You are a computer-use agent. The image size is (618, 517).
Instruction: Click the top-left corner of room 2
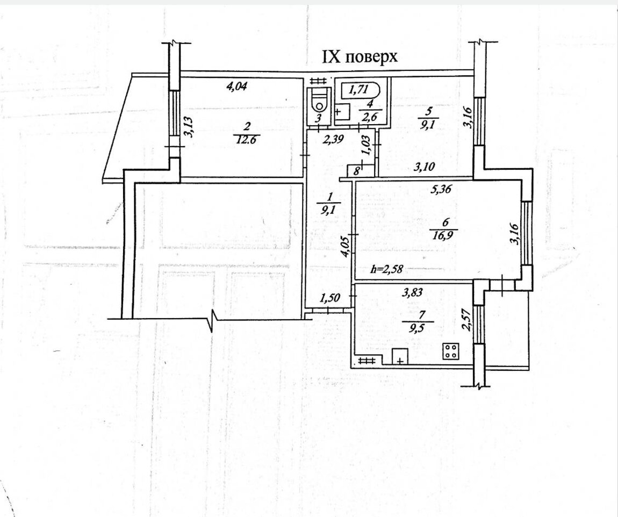181,77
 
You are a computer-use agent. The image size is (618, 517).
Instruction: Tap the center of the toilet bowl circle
319,106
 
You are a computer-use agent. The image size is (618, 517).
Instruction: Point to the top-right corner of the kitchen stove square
459,343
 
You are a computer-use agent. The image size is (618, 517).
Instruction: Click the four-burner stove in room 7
451,351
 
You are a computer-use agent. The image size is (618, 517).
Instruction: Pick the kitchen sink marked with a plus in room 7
400,357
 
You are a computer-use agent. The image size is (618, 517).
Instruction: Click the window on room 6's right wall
526,233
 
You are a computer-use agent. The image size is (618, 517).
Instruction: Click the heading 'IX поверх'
360,58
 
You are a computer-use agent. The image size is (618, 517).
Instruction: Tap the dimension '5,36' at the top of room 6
440,189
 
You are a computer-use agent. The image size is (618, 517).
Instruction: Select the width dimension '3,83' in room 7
412,292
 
